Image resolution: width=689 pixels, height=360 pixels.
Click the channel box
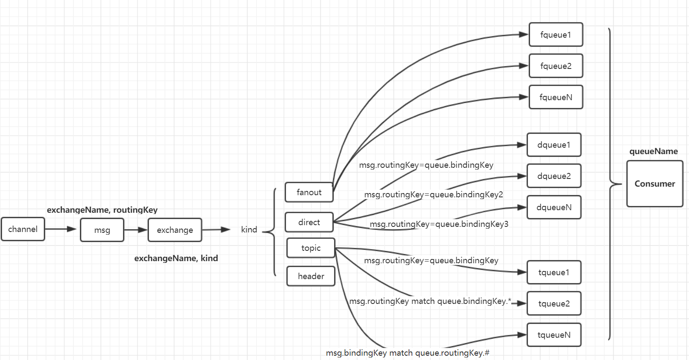click(23, 229)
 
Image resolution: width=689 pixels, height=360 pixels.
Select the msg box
click(102, 230)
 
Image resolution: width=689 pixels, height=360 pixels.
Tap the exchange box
click(175, 230)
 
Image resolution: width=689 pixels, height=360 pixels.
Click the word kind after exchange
click(249, 229)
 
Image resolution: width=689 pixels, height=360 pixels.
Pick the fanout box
click(309, 192)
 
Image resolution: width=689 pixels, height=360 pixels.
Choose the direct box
click(309, 222)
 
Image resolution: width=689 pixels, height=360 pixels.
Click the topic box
click(310, 248)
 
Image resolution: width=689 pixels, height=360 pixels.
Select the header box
click(310, 276)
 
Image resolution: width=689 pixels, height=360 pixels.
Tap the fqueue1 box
click(555, 35)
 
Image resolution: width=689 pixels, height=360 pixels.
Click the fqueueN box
click(555, 97)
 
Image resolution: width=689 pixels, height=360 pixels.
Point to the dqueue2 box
click(554, 176)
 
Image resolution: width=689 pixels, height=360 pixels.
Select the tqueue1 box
click(554, 272)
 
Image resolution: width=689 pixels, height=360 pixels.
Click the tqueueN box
click(554, 335)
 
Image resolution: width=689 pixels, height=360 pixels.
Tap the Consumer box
click(654, 184)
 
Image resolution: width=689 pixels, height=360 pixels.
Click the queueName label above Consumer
click(653, 151)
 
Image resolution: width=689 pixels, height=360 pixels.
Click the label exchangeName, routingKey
click(102, 210)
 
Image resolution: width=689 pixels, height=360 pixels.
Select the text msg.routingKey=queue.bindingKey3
click(439, 224)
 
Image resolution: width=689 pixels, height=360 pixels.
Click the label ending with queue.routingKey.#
click(407, 353)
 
